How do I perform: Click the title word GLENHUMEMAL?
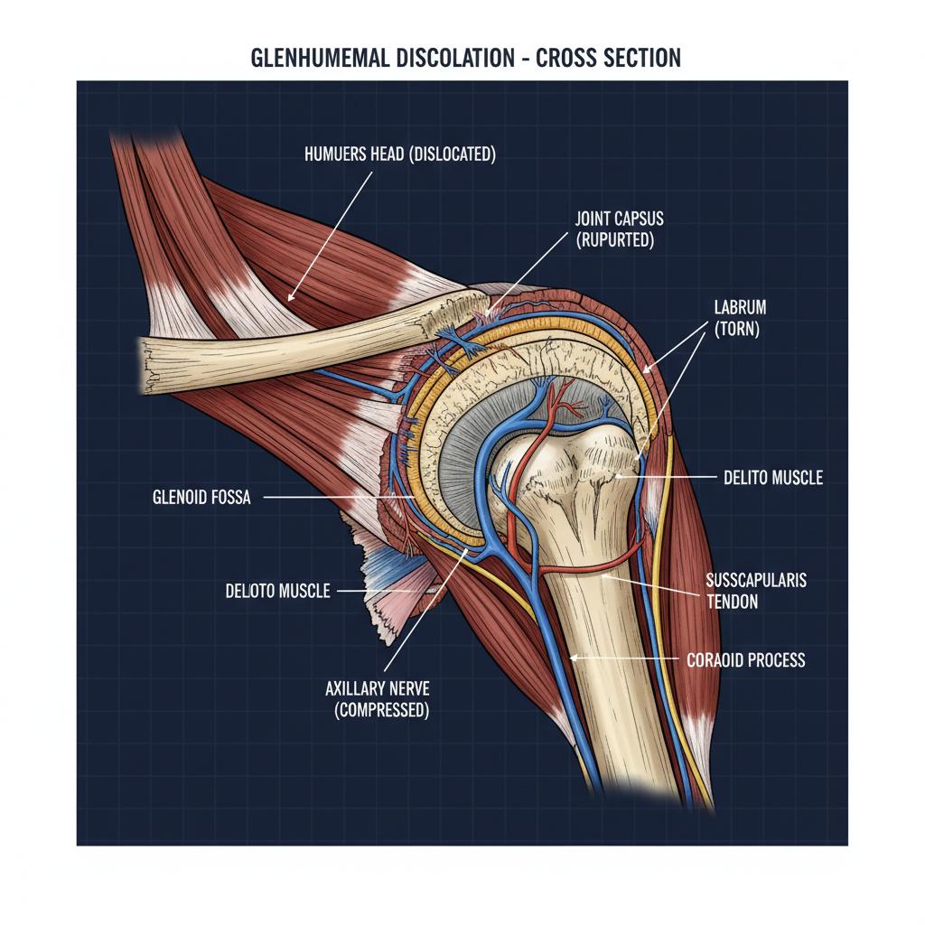click(x=313, y=59)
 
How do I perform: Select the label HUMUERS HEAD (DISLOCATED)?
click(x=401, y=154)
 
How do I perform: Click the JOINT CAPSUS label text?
click(x=619, y=219)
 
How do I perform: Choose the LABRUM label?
click(x=733, y=308)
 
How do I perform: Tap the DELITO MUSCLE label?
click(x=773, y=477)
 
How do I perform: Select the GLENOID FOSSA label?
click(x=201, y=496)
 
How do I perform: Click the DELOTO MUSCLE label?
click(x=277, y=593)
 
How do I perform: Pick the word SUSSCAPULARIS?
click(x=755, y=581)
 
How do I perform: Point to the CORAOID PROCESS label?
click(x=745, y=660)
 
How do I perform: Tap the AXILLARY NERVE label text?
click(x=379, y=687)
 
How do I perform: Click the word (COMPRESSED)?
click(x=381, y=710)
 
